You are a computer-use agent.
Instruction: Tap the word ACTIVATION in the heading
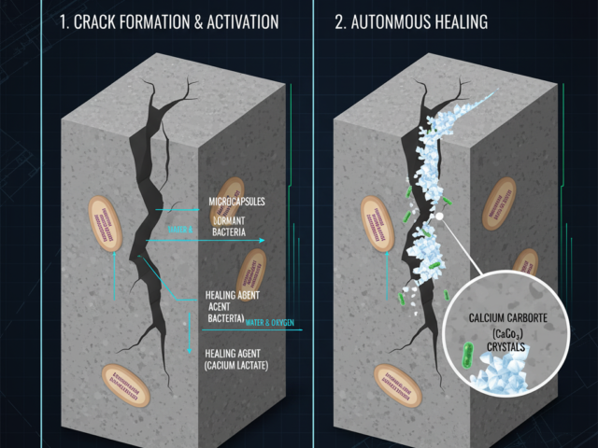pos(233,21)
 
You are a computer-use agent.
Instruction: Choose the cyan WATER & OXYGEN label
pos(270,323)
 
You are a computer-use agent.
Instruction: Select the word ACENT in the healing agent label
pos(220,307)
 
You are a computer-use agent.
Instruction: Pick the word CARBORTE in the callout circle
pos(533,319)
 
